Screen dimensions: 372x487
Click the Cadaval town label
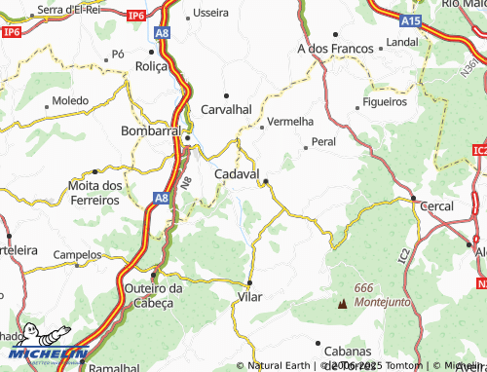click(236, 173)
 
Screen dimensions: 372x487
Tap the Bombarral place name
click(150, 130)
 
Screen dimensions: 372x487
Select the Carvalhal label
click(227, 109)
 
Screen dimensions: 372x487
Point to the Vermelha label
click(290, 122)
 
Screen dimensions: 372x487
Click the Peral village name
click(323, 142)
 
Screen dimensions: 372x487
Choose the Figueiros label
click(384, 101)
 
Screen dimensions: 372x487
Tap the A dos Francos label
click(335, 48)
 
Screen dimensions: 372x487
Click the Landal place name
click(401, 43)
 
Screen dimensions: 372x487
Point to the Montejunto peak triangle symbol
click(342, 304)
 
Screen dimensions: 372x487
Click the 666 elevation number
click(364, 287)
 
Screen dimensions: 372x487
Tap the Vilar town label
click(250, 295)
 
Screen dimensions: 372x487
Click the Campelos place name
click(78, 255)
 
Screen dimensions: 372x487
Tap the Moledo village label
click(69, 100)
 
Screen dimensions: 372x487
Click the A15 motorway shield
click(412, 19)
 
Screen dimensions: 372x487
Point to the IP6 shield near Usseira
click(135, 16)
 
